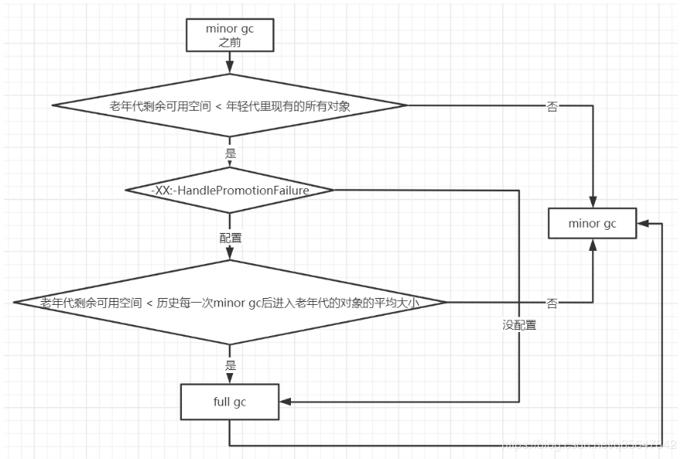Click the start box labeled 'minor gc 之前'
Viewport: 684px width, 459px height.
(x=230, y=36)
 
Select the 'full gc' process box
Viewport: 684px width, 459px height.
(x=229, y=402)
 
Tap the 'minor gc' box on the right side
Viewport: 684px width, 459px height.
(x=593, y=223)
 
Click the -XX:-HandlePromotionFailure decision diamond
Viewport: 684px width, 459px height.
(x=230, y=190)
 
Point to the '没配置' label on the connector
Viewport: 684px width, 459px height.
(x=519, y=326)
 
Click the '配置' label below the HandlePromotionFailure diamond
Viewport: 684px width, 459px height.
(x=230, y=238)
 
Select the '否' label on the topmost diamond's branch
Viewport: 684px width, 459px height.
(x=552, y=108)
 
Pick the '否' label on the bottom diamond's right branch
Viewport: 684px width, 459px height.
(x=552, y=303)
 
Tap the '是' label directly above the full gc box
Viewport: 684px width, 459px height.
(x=230, y=365)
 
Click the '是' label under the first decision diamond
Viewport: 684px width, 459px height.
(x=230, y=153)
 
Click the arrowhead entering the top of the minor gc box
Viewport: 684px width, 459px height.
(x=593, y=202)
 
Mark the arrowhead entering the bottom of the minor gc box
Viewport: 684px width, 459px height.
(x=593, y=244)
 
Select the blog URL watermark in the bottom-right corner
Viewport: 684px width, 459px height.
(x=588, y=447)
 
